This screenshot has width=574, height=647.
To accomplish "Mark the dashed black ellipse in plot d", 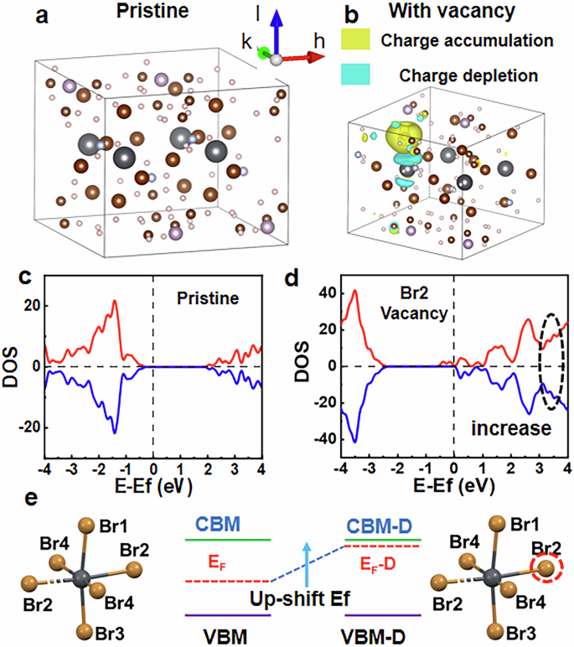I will coord(551,362).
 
